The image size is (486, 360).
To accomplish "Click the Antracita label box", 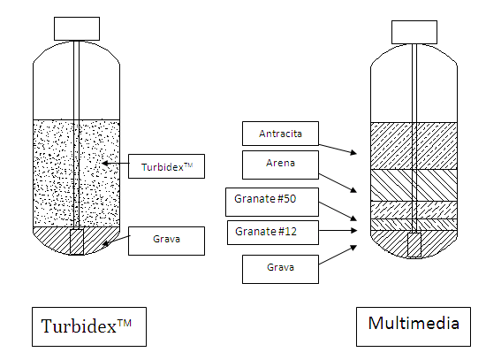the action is [x=280, y=134].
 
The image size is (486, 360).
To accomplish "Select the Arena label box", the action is [x=280, y=165].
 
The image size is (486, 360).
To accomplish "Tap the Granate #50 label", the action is [x=272, y=202].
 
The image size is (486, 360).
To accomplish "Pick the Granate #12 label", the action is [x=273, y=233].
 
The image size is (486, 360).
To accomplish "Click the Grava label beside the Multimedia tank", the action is [x=280, y=269].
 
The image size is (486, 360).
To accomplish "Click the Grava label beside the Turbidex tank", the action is [x=166, y=241].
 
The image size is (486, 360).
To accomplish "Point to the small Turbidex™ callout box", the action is [x=166, y=166].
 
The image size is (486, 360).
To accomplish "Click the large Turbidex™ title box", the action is [x=89, y=326].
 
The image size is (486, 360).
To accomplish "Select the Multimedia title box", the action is [x=414, y=326].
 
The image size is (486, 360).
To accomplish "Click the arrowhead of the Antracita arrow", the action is [x=353, y=152].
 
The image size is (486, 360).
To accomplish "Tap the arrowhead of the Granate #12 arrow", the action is [x=354, y=230].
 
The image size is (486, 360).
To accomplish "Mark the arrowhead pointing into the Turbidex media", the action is [x=105, y=163].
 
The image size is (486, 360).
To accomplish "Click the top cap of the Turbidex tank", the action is [x=77, y=28].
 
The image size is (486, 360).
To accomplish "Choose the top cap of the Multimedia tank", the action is [x=414, y=32].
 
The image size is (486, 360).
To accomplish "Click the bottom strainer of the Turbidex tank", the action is [x=77, y=242].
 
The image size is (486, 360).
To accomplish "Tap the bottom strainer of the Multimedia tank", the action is [x=414, y=245].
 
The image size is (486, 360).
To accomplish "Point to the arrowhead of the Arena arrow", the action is [x=353, y=189].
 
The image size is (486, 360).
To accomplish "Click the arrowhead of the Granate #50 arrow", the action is [x=353, y=218].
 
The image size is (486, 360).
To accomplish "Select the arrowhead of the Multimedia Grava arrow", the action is [x=353, y=248].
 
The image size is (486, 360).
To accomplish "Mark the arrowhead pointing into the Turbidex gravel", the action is [x=105, y=243].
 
